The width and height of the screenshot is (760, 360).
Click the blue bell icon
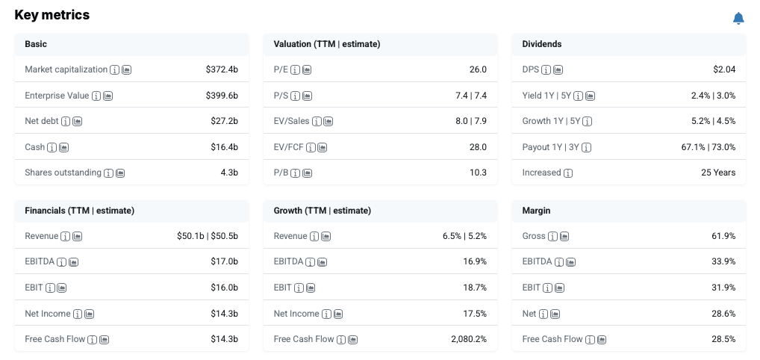(x=738, y=19)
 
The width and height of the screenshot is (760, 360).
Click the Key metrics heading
(x=52, y=15)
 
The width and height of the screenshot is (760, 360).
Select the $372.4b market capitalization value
(x=222, y=69)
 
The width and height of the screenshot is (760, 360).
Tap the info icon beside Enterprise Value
(x=96, y=96)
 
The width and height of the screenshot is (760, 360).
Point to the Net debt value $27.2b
(x=225, y=121)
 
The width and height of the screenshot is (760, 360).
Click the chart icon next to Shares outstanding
(x=120, y=173)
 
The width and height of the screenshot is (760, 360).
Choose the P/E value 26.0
(x=478, y=69)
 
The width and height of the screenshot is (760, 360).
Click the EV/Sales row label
(x=291, y=121)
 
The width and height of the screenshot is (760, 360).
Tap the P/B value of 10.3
(x=478, y=173)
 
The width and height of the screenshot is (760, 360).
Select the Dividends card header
(x=542, y=44)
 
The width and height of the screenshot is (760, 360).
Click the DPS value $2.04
(x=724, y=69)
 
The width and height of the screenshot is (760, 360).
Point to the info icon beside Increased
(x=568, y=173)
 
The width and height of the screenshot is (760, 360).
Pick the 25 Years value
(x=718, y=173)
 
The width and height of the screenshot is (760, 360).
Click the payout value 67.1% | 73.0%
(x=708, y=147)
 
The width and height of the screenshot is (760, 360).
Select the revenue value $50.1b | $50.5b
(x=208, y=236)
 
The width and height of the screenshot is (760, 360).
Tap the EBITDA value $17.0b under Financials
(x=225, y=261)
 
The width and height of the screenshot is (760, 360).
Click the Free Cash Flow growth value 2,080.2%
(x=469, y=339)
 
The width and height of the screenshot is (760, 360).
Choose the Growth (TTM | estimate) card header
(x=323, y=211)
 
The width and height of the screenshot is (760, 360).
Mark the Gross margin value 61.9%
(x=723, y=236)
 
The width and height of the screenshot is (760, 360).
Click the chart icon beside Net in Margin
(x=555, y=314)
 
